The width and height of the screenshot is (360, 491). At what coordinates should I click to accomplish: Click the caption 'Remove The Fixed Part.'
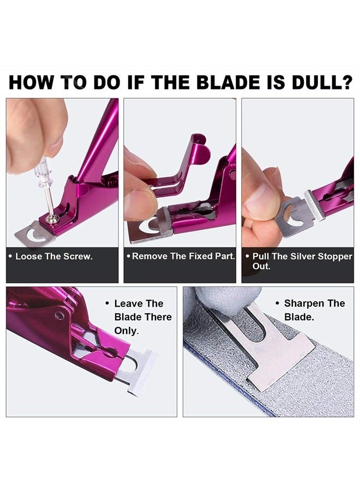pyautogui.click(x=181, y=256)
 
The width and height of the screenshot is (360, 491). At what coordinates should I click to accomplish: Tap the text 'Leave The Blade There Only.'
pyautogui.click(x=142, y=317)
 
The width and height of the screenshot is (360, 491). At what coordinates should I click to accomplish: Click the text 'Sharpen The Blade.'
pyautogui.click(x=314, y=310)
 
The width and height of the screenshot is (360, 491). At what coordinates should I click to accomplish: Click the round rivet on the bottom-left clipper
pyautogui.click(x=59, y=315)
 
